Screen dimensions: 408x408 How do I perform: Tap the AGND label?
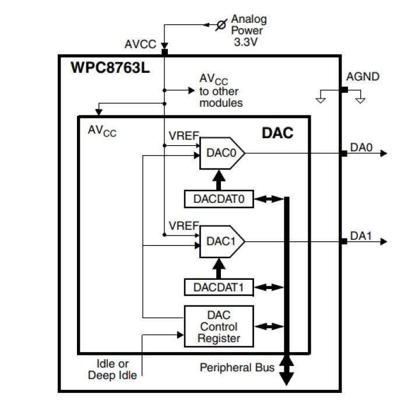click(x=363, y=76)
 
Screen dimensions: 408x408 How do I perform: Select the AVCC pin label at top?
click(x=140, y=44)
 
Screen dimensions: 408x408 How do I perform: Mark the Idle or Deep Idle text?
click(x=112, y=369)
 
